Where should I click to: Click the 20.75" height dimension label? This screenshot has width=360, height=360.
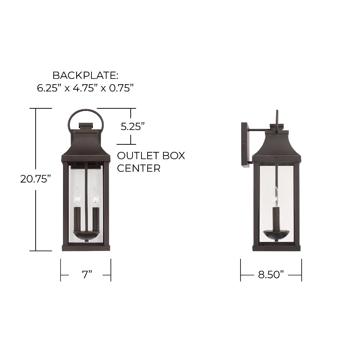click(35, 179)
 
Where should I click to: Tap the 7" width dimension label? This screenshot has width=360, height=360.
click(87, 274)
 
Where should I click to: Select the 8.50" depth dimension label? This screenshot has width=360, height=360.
click(271, 274)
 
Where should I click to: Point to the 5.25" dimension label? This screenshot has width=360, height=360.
click(133, 126)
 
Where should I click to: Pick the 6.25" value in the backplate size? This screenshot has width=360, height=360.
click(49, 88)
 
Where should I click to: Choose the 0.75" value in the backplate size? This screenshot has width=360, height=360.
click(121, 88)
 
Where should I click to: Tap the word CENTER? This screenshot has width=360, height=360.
click(139, 168)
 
